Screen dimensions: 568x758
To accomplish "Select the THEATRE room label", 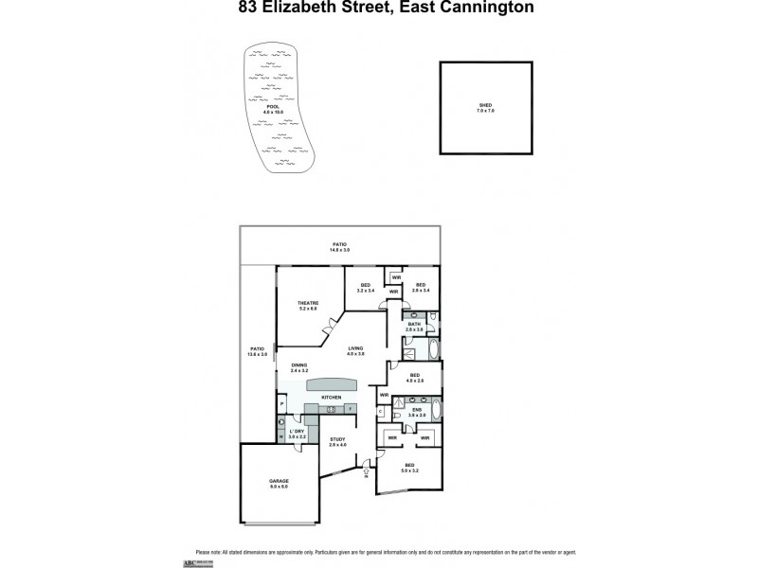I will tap(308, 304).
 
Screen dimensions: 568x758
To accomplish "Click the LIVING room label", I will tap(355, 349).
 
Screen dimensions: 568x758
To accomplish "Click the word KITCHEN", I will tap(331, 397).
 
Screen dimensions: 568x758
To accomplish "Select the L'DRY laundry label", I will tap(298, 432).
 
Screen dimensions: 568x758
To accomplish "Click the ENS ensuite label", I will tap(414, 410).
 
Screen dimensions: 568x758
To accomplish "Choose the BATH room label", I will tap(414, 325).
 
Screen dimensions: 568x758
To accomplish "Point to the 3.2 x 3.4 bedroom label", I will tap(366, 287).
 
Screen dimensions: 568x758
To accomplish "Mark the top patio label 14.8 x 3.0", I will tap(339, 247).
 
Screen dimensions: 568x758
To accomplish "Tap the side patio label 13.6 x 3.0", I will tap(257, 350).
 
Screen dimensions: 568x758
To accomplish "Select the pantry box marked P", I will tap(282, 404).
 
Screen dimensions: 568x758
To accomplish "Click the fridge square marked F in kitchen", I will tap(350, 408).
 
